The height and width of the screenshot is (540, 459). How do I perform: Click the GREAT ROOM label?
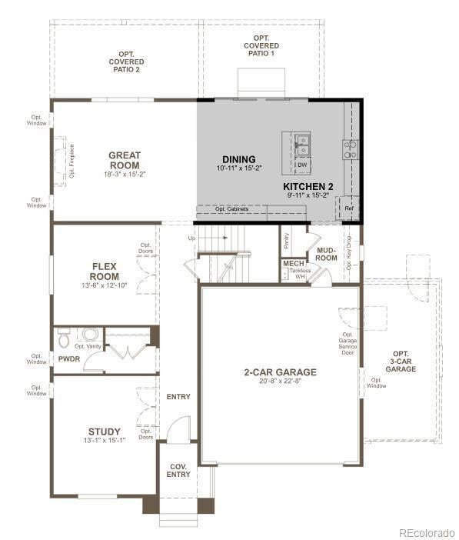124,160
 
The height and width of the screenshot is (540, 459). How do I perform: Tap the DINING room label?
239,159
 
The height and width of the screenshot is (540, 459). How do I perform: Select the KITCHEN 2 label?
308,187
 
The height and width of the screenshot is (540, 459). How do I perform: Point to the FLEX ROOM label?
104,271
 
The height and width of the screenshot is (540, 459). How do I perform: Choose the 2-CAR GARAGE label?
280,372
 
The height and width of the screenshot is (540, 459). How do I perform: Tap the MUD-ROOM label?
327,254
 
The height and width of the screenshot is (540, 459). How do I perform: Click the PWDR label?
68,359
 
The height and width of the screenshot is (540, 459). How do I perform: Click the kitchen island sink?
303,141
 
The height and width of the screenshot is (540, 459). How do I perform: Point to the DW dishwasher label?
302,165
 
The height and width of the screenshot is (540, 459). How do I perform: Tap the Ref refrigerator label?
348,208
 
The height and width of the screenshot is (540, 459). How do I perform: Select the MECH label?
293,264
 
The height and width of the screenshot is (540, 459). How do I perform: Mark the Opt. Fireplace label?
72,162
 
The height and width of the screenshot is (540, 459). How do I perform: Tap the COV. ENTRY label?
178,470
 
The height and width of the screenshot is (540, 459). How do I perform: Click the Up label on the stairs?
191,238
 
